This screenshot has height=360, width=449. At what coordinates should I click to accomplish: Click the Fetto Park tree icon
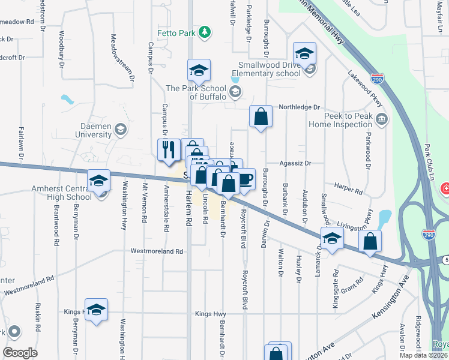pos(205,32)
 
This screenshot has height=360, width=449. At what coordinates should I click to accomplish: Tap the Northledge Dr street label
pos(300,107)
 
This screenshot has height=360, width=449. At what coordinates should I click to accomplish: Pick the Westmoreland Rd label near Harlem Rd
pos(157,251)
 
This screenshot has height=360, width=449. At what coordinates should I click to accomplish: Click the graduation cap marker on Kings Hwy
pos(96,310)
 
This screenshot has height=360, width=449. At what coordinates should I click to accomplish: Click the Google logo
pos(20,352)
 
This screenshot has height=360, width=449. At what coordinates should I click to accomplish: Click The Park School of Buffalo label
pos(196,92)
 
